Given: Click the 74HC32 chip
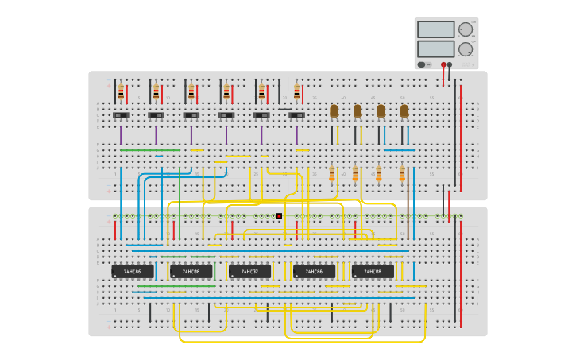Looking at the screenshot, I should pos(249,272).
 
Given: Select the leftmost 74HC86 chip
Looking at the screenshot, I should pos(133,272).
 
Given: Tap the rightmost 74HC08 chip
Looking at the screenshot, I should pos(373,272).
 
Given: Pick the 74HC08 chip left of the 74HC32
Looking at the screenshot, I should pos(191,272).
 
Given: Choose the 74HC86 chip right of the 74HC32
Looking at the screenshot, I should pos(314,272).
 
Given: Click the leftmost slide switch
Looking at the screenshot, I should pos(121,115).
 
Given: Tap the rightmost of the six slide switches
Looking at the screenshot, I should pos(296,115).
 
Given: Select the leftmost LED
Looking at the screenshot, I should pos(334,110).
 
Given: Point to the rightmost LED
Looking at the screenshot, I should pos(404,110).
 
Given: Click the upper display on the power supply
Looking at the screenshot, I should pos(435,29).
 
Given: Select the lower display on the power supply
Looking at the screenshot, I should pos(435,48).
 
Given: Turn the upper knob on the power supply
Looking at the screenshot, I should pos(466,30).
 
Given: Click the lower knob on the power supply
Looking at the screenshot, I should pos(466,49).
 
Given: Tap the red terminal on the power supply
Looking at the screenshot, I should pos(443,64).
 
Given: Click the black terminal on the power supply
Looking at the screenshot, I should pos(450,64).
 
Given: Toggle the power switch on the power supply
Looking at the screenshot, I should pos(423,64).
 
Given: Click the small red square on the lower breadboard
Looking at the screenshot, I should pos(279,215).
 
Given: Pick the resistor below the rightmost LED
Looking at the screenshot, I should pos(402,173).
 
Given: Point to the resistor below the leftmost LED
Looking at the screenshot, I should pos(332,173).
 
